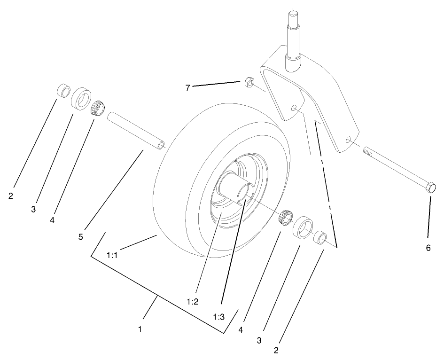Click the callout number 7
187,87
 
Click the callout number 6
428,248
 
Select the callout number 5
81,237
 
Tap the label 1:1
112,255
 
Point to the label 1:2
193,301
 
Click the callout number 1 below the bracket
140,329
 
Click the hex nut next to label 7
250,83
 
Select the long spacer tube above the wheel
136,130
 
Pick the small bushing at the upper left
63,90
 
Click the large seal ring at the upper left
81,97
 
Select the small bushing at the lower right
320,237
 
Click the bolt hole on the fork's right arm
348,140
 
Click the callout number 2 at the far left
10,196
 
